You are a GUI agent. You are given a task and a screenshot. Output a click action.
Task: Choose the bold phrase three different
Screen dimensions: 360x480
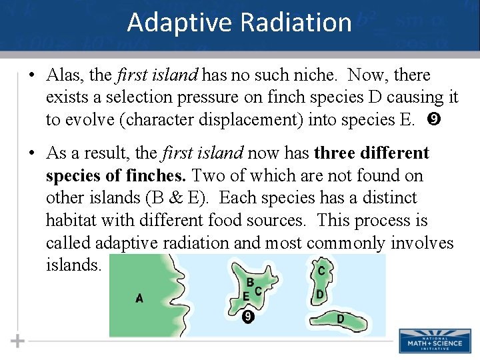[371, 153]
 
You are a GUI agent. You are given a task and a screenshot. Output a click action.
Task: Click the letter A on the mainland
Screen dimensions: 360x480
[139, 299]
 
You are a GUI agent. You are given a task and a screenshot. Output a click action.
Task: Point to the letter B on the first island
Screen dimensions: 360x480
[250, 282]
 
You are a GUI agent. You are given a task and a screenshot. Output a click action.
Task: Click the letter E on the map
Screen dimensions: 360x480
[246, 296]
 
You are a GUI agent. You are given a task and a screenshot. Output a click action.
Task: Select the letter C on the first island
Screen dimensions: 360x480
[258, 291]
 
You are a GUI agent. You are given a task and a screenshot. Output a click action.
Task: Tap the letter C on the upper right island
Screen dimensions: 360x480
[321, 271]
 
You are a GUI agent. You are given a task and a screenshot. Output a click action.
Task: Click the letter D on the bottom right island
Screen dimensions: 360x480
[340, 319]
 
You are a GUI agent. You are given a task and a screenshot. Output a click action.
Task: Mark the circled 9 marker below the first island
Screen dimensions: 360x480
[248, 317]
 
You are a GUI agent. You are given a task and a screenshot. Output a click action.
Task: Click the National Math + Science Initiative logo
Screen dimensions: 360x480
[435, 341]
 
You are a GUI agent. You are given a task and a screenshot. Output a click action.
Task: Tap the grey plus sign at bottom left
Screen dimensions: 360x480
[18, 341]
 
